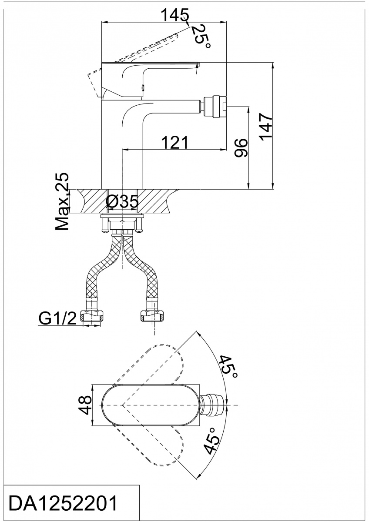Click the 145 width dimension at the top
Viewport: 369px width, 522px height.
pos(175,15)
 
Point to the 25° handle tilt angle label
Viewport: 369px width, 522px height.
pos(201,37)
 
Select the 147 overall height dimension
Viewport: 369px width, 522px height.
pos(266,127)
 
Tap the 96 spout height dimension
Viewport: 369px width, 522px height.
pos(241,148)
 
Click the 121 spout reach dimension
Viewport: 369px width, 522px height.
pos(175,142)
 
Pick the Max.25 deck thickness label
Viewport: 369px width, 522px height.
pos(62,201)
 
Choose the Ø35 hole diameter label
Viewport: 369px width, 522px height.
pos(122,201)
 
